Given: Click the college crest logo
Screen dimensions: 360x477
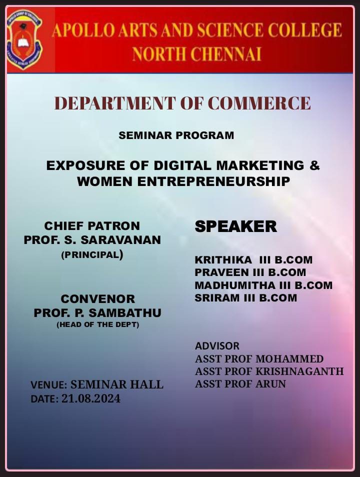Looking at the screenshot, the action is click(24, 39).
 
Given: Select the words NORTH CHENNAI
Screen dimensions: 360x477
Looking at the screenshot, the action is click(197, 54).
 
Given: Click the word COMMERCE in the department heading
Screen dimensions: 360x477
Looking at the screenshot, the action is click(259, 103).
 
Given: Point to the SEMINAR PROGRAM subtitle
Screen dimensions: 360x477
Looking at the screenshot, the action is click(176, 135).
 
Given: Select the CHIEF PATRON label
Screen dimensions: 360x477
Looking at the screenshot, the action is click(92, 226).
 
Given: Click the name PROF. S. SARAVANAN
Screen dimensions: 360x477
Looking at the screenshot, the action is click(92, 239).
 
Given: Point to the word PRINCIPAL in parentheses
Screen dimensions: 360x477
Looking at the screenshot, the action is click(92, 254).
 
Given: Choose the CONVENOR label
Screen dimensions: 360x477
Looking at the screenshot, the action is click(97, 298).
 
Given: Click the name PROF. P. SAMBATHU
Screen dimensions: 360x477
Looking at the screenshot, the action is click(97, 312).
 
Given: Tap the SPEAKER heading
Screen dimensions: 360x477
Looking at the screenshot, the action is click(236, 226).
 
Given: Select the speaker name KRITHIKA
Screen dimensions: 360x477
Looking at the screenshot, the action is click(223, 260).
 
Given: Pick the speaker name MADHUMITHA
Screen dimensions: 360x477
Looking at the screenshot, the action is click(235, 285).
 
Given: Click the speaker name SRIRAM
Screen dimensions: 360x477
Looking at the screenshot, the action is click(217, 298).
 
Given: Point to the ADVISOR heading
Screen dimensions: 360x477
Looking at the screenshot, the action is click(217, 346).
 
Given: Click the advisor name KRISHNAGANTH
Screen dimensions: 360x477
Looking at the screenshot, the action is click(299, 371).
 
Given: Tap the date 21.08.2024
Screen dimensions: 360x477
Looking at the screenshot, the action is click(91, 398).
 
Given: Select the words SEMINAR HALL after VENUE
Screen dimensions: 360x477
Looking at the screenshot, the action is click(117, 384).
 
